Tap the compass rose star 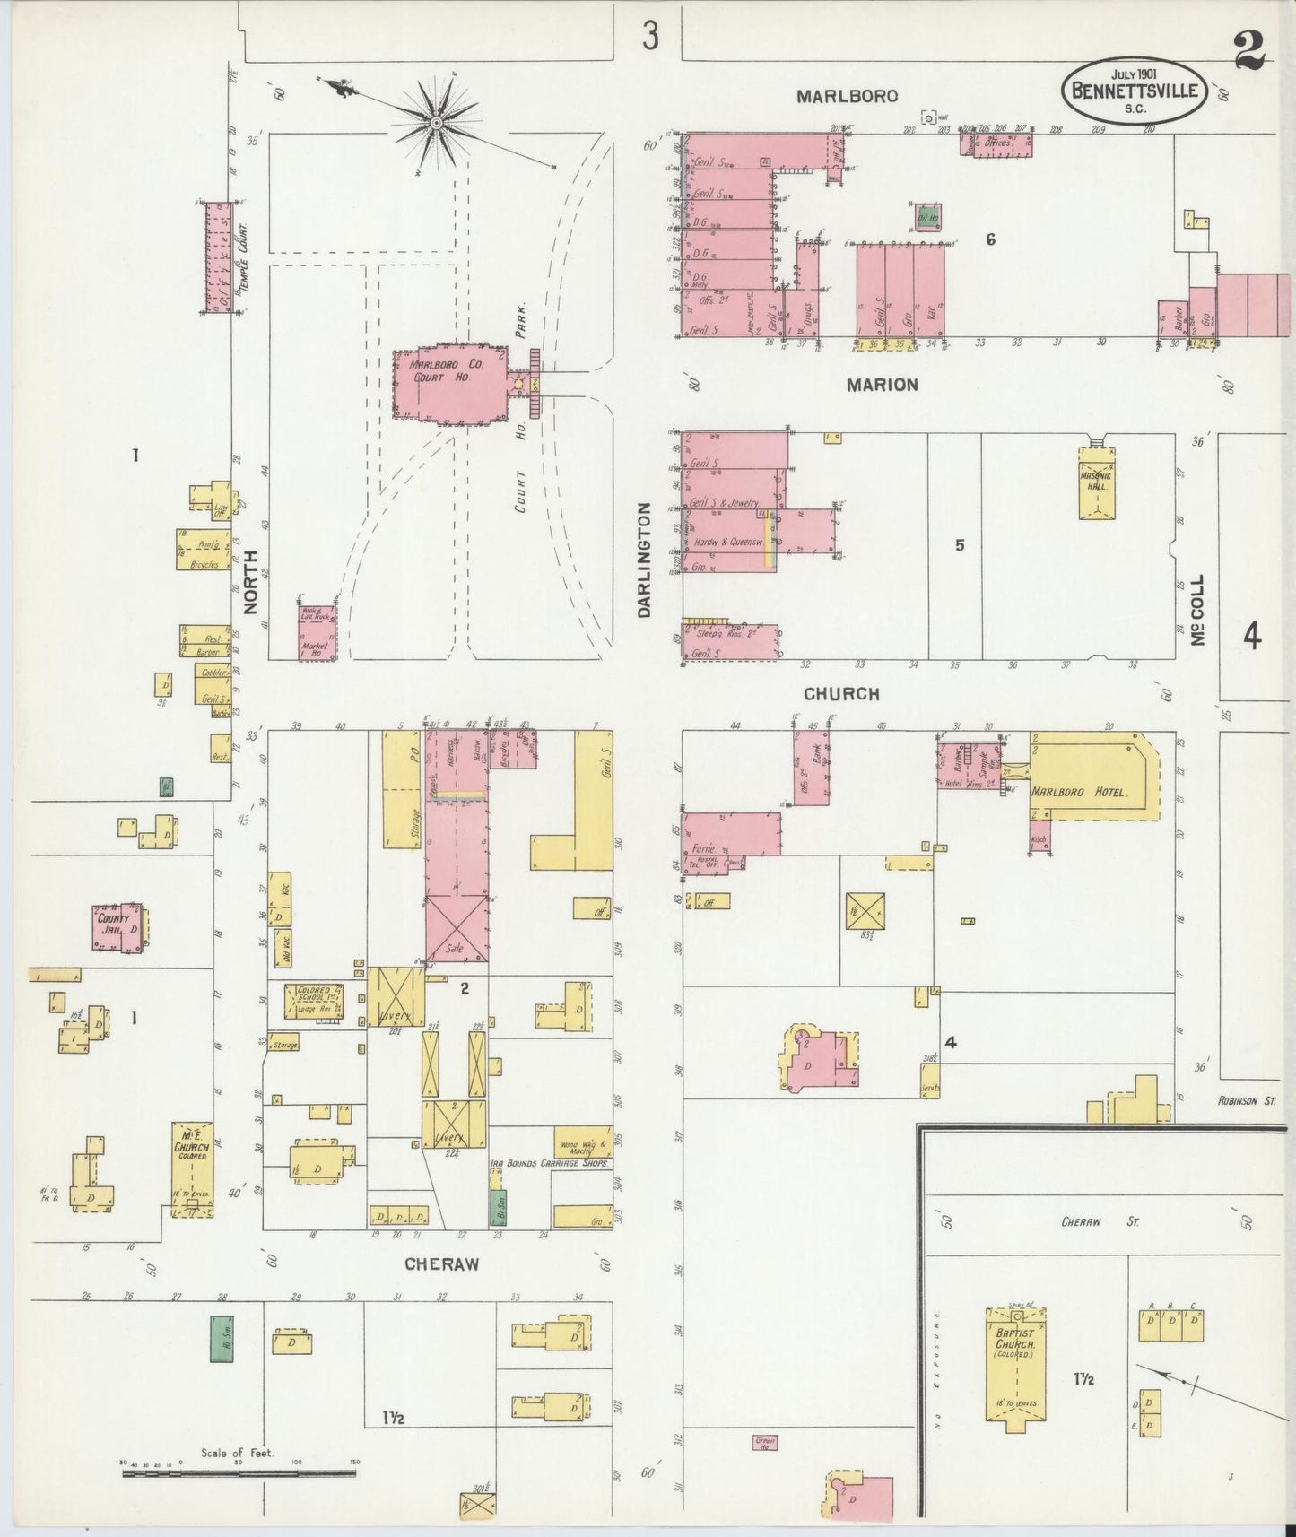pos(436,122)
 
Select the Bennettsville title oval pos(1133,91)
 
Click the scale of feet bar pos(238,1472)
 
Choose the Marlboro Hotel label pos(1077,793)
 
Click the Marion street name pos(883,385)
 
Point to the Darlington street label pos(643,560)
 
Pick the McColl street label pos(1197,609)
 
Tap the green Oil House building pos(927,215)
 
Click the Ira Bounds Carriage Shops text pos(549,1162)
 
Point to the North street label pos(250,581)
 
